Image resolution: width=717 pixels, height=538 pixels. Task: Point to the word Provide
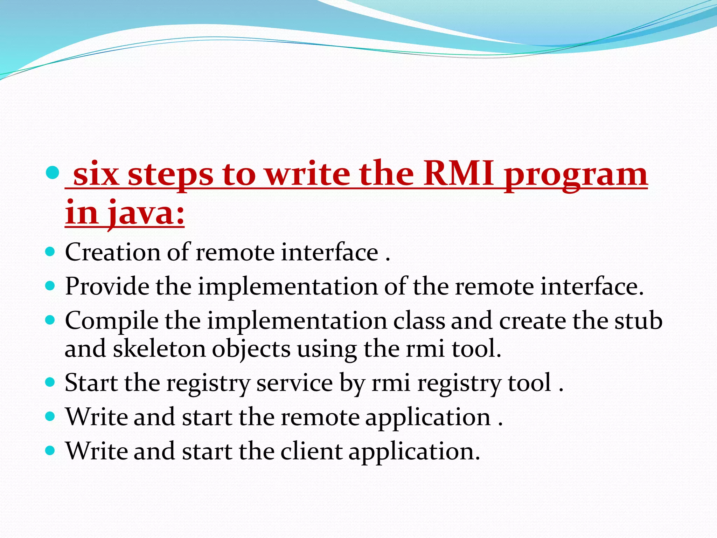(107, 286)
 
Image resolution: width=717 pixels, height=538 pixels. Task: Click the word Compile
(112, 322)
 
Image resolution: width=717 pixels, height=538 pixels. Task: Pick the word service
(294, 382)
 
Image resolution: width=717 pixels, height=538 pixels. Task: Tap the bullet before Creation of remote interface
(50, 252)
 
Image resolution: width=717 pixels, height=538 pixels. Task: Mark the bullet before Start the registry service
(50, 382)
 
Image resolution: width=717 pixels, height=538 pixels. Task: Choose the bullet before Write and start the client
(50, 450)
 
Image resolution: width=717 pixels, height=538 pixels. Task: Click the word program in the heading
(576, 175)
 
